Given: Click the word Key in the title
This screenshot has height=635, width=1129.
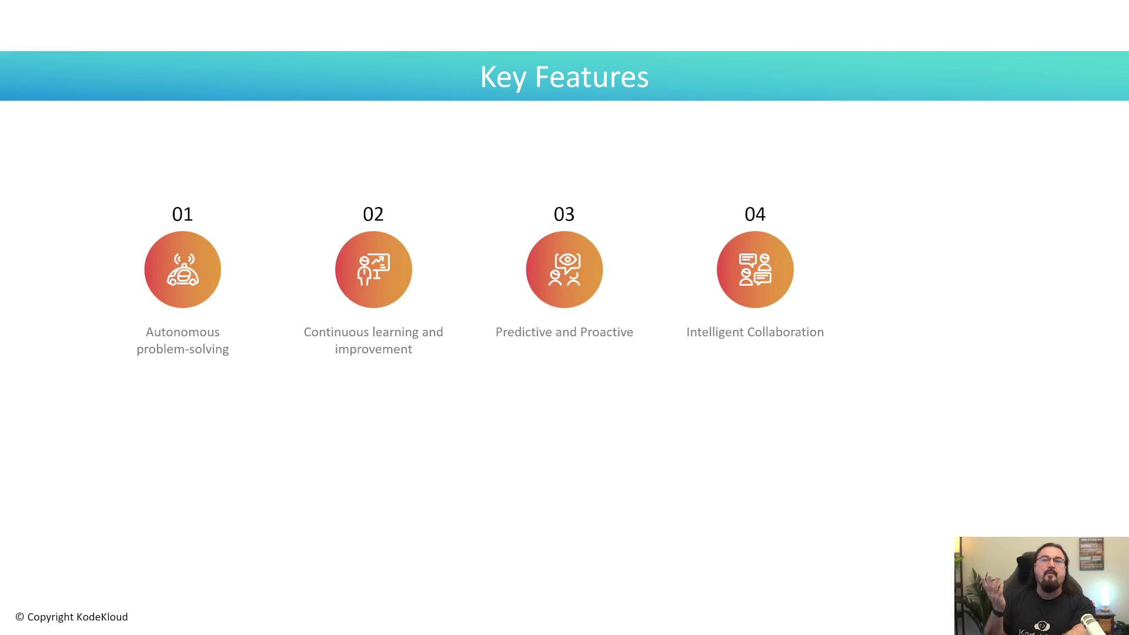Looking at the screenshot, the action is pyautogui.click(x=503, y=78).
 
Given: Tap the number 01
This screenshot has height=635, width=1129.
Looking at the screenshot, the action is pyautogui.click(x=182, y=214).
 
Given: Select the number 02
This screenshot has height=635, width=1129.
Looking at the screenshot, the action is pyautogui.click(x=373, y=214).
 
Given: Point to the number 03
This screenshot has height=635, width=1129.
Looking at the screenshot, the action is pyautogui.click(x=564, y=214).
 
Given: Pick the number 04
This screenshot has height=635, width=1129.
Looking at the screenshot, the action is pyautogui.click(x=755, y=214).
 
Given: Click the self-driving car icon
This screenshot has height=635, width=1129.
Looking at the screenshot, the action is pyautogui.click(x=183, y=269).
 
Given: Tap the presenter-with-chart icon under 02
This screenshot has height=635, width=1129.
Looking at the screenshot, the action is pyautogui.click(x=373, y=269).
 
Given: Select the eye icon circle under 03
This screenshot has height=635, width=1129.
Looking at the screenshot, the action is pyautogui.click(x=564, y=269).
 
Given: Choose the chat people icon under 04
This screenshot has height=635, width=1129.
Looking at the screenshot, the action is pyautogui.click(x=755, y=269).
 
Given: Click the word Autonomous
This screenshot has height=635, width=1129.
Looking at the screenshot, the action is pyautogui.click(x=183, y=332).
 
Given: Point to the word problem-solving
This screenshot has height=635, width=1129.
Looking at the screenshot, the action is pyautogui.click(x=183, y=349).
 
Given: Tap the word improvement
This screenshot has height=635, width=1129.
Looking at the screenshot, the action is pyautogui.click(x=373, y=349).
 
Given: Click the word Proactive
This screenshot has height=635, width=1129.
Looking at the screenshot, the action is pyautogui.click(x=607, y=332).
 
